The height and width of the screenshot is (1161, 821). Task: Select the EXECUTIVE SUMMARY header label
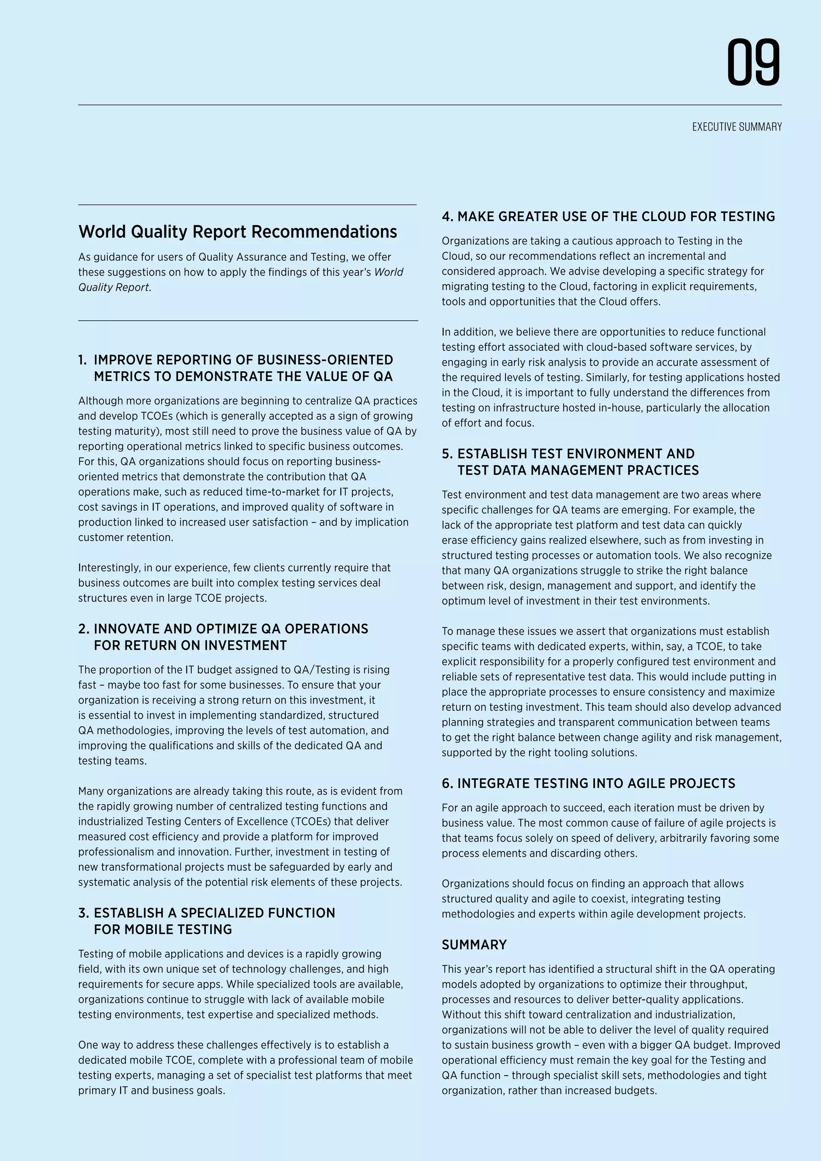click(736, 127)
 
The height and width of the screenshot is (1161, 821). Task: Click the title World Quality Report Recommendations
click(238, 232)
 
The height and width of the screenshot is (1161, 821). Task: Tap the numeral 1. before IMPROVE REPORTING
click(83, 360)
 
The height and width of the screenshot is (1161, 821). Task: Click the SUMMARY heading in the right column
click(474, 945)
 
